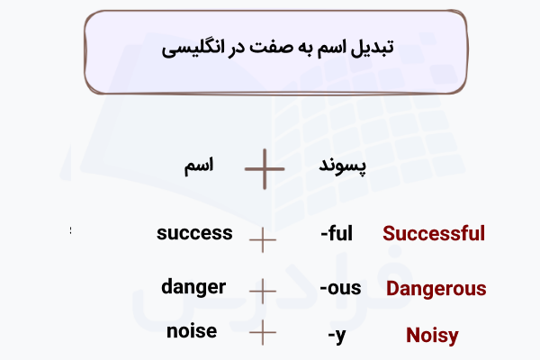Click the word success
tap(194, 234)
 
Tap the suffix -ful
tap(337, 234)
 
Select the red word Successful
tap(434, 234)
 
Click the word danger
tap(193, 288)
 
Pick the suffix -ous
tap(340, 289)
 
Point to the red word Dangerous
tap(436, 290)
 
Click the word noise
tap(192, 331)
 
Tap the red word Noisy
tap(432, 337)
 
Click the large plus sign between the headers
tap(265, 168)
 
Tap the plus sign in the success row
tap(262, 239)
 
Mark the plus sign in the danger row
tap(262, 291)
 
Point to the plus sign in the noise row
tap(262, 333)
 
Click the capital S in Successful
tap(390, 234)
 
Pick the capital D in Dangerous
tap(393, 290)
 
